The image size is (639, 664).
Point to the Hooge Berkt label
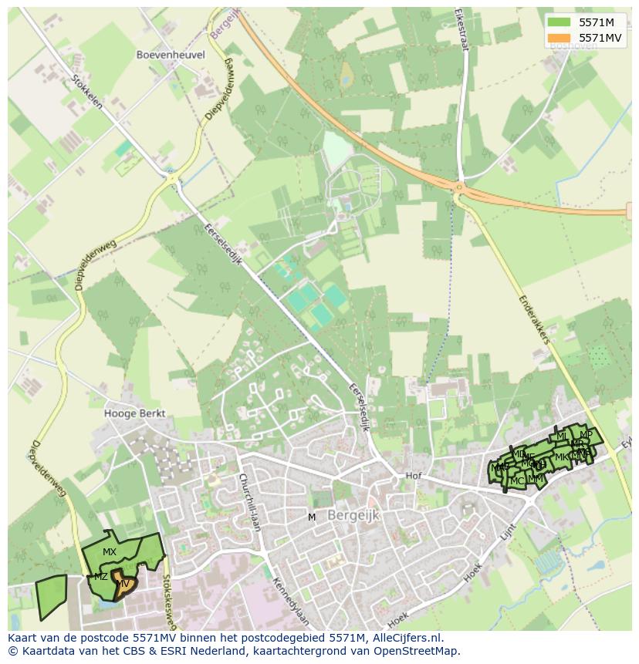[x=134, y=413]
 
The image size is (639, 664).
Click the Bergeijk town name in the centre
[x=353, y=516]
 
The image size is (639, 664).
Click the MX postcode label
[x=110, y=551]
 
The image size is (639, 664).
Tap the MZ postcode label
[x=101, y=576]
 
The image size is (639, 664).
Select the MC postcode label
[x=517, y=481]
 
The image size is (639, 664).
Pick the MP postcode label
[x=586, y=435]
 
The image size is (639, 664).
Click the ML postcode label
[x=562, y=437]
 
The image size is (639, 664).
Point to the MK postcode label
[x=561, y=457]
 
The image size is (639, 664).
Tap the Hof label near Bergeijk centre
[x=414, y=476]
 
